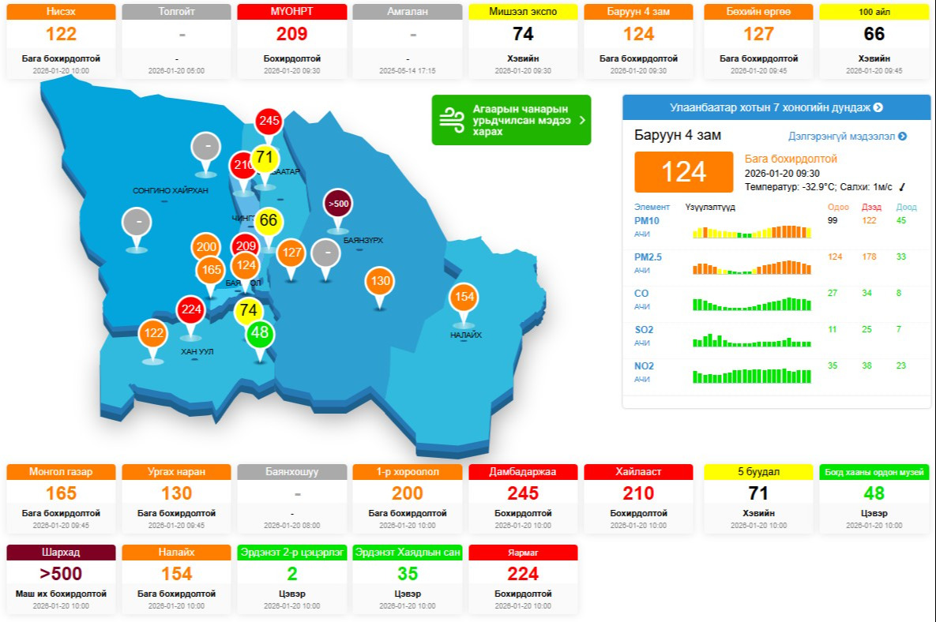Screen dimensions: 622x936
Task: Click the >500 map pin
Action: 337,204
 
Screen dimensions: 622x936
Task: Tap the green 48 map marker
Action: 259,333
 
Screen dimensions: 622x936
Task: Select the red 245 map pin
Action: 269,121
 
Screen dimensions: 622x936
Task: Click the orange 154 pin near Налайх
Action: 464,297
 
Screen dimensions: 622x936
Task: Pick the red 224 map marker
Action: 190,309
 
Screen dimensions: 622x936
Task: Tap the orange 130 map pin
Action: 380,281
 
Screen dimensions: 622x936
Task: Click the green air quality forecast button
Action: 511,120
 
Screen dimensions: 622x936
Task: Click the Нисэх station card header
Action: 61,12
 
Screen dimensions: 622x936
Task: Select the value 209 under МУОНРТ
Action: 291,35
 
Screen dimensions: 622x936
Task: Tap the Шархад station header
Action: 61,553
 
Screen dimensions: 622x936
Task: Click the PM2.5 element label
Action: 648,257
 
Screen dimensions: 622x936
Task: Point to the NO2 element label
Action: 644,366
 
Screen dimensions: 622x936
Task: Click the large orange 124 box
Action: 684,171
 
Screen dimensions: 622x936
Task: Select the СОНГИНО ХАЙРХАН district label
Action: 170,191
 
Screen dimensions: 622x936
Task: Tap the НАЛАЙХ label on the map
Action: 466,335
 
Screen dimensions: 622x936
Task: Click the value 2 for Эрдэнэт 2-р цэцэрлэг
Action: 291,574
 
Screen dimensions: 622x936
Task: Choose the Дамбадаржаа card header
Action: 523,472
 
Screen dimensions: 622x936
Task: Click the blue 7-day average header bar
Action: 776,107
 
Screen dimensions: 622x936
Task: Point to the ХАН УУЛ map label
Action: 197,351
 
